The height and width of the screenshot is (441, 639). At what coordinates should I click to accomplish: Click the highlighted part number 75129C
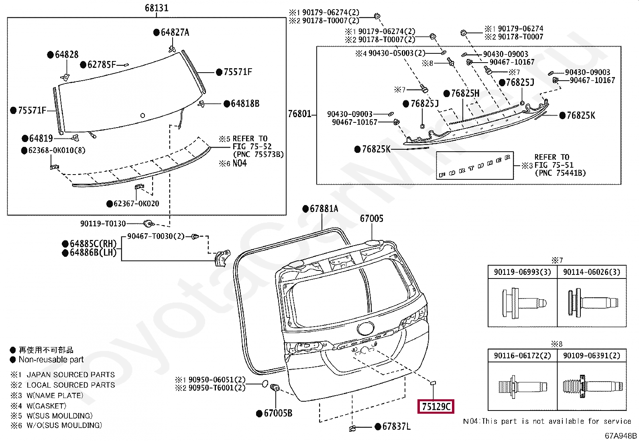pos(435,407)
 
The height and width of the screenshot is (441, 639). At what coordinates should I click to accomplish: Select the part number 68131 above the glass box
pos(156,8)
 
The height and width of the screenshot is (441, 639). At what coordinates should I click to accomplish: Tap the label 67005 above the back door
pos(371,219)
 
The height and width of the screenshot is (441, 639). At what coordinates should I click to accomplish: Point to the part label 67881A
pos(324,209)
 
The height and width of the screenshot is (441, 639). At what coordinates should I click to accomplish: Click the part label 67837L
pos(396,427)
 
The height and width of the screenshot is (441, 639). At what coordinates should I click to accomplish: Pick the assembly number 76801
pos(300,114)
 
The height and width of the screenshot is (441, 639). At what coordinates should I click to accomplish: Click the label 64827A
pos(175,33)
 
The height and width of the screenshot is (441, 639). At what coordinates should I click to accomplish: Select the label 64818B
pos(244,104)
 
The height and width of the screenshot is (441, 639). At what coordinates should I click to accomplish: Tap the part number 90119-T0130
pos(103,224)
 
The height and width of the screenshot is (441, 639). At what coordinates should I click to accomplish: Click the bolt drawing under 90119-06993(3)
pos(522,303)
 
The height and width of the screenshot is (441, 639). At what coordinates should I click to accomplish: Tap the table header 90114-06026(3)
pos(591,272)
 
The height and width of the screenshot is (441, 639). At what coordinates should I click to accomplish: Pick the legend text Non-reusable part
pos(51,360)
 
